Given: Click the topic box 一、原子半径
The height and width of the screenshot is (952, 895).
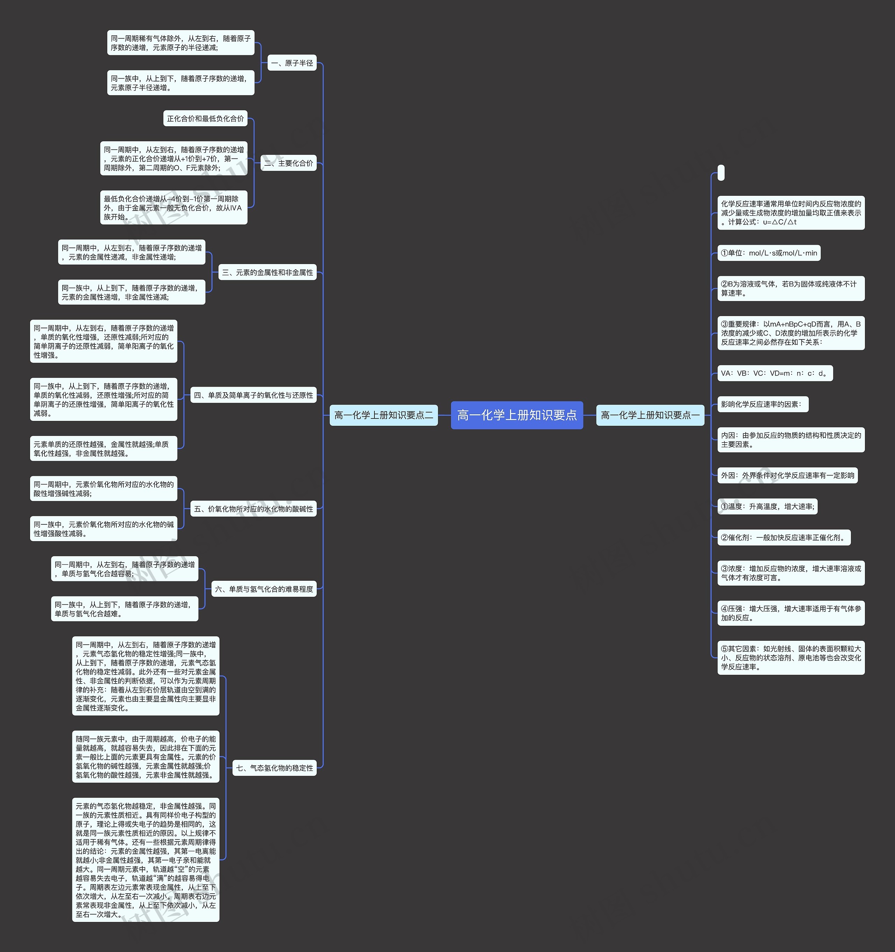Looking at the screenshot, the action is click(292, 63).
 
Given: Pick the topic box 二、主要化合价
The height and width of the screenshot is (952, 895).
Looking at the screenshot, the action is click(288, 163).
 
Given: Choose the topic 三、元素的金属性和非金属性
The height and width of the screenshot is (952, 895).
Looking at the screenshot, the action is click(267, 272).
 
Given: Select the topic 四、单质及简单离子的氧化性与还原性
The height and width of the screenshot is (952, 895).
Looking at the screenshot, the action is click(253, 395).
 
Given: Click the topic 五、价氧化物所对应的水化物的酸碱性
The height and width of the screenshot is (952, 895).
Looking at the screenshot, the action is click(253, 509).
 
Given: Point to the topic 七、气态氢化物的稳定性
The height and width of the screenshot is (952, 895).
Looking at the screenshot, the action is click(274, 768).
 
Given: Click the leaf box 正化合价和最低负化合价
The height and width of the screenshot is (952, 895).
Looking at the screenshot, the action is click(206, 118).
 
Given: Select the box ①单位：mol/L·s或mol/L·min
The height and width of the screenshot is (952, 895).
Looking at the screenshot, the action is click(768, 253).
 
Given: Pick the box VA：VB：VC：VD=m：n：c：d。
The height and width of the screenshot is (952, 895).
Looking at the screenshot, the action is click(775, 373).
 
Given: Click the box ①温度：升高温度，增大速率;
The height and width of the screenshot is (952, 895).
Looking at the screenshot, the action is click(767, 506).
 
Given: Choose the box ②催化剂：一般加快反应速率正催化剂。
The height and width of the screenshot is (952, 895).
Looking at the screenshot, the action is click(783, 537).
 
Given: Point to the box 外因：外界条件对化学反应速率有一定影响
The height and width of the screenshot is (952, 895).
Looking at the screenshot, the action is click(787, 475).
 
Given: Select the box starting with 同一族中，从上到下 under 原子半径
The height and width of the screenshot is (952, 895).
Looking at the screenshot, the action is click(180, 83).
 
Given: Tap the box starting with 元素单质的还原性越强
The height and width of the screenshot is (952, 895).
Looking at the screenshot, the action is click(103, 448).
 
